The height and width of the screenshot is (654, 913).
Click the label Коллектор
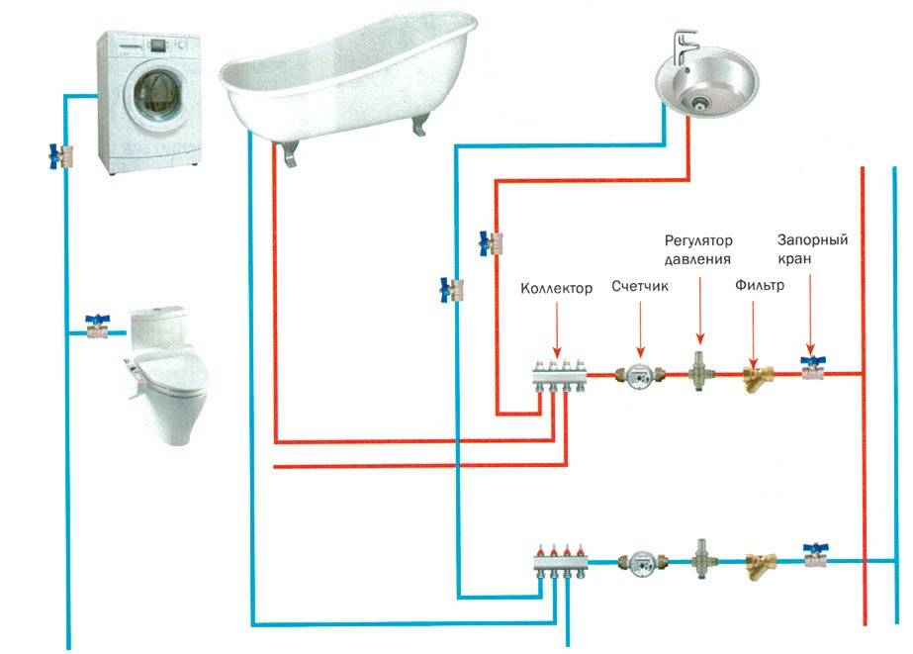click(x=556, y=288)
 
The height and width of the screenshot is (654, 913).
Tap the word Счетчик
click(x=639, y=286)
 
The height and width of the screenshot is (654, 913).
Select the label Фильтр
click(x=760, y=285)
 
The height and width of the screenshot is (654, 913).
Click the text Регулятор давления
click(x=698, y=249)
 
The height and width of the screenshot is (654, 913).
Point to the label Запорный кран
click(x=812, y=248)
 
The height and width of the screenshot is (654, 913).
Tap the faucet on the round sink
click(x=684, y=48)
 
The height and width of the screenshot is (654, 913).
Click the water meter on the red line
click(x=639, y=376)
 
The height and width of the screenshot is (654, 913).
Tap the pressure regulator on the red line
click(x=698, y=372)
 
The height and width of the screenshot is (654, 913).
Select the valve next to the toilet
click(x=98, y=327)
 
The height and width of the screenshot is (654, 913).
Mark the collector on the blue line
click(x=561, y=560)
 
